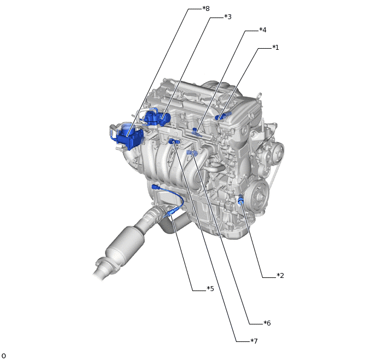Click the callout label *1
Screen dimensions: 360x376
[275, 48]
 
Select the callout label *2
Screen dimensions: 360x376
[280, 275]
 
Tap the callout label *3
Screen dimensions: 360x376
[227, 17]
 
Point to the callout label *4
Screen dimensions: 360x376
[262, 30]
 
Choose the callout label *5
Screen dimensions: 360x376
[210, 288]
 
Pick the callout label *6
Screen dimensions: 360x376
[267, 323]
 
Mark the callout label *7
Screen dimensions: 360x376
[254, 341]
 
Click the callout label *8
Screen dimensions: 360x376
[205, 9]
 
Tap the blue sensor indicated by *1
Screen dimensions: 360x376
[220, 117]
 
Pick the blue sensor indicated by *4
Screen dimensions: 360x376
[196, 131]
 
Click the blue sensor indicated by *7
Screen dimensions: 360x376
[174, 142]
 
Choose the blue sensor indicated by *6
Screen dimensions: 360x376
[191, 153]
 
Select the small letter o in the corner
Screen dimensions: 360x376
[3, 356]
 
